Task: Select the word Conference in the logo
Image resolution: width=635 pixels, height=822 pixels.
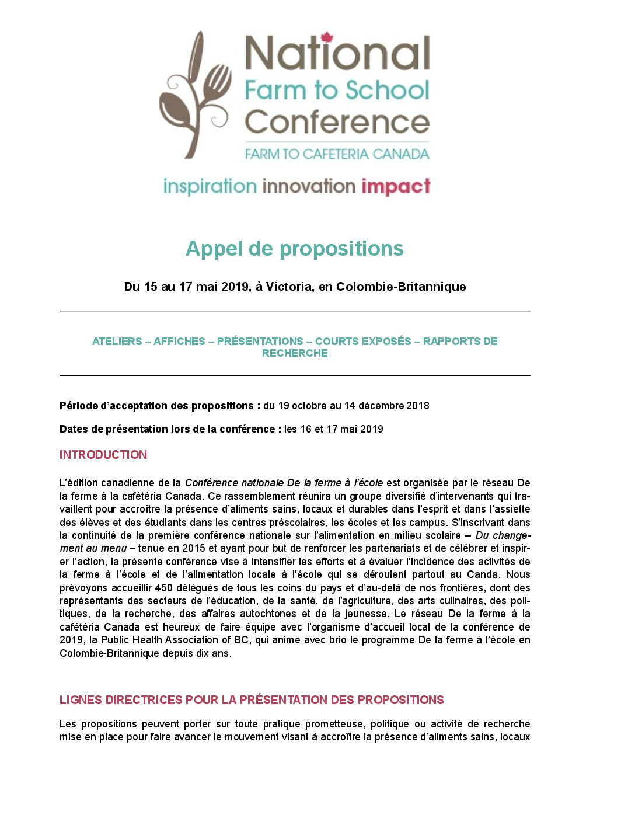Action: coord(337,122)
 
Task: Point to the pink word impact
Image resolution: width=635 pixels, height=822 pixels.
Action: coord(396,187)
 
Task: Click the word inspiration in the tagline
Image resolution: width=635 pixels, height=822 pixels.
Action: coord(210,187)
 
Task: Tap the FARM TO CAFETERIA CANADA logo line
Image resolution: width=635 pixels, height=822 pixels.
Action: coord(337,154)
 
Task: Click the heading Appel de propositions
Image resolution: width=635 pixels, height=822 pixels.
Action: coord(294,249)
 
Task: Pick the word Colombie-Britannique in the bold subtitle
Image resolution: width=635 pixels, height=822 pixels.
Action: coord(401,287)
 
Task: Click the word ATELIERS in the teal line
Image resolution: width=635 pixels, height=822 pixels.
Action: coord(117,342)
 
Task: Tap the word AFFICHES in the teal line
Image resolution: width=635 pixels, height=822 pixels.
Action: coord(179,342)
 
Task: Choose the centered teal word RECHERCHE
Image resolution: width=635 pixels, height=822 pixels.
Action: coord(295,353)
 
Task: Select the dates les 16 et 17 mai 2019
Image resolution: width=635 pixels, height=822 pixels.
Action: coord(333,429)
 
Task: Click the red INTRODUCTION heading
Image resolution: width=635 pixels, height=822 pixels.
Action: coord(103,455)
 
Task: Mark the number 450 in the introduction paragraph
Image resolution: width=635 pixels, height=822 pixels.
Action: coord(164,588)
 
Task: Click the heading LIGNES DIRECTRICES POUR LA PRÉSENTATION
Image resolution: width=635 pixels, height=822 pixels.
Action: coord(252,700)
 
